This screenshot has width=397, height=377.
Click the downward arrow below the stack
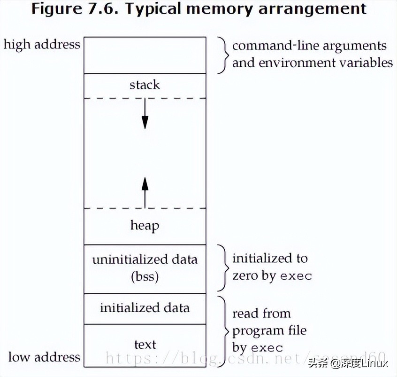145,115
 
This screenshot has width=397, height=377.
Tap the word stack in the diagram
145,85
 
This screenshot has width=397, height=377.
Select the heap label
145,226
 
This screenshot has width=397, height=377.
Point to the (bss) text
145,276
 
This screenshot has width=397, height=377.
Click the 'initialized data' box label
145,308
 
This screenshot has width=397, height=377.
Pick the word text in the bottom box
145,345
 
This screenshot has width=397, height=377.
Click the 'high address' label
42,45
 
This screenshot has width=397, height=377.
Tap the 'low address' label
44,357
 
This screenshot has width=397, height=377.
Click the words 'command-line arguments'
309,46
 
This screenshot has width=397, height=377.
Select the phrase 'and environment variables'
312,63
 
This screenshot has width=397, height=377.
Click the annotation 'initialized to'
270,259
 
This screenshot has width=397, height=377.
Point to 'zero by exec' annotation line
272,275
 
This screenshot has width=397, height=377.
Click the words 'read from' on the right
261,314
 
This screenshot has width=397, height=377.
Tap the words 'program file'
269,330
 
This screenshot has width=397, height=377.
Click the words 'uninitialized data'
145,259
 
